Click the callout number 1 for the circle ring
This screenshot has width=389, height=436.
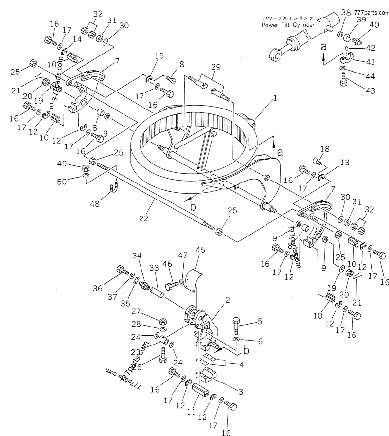[275, 98]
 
